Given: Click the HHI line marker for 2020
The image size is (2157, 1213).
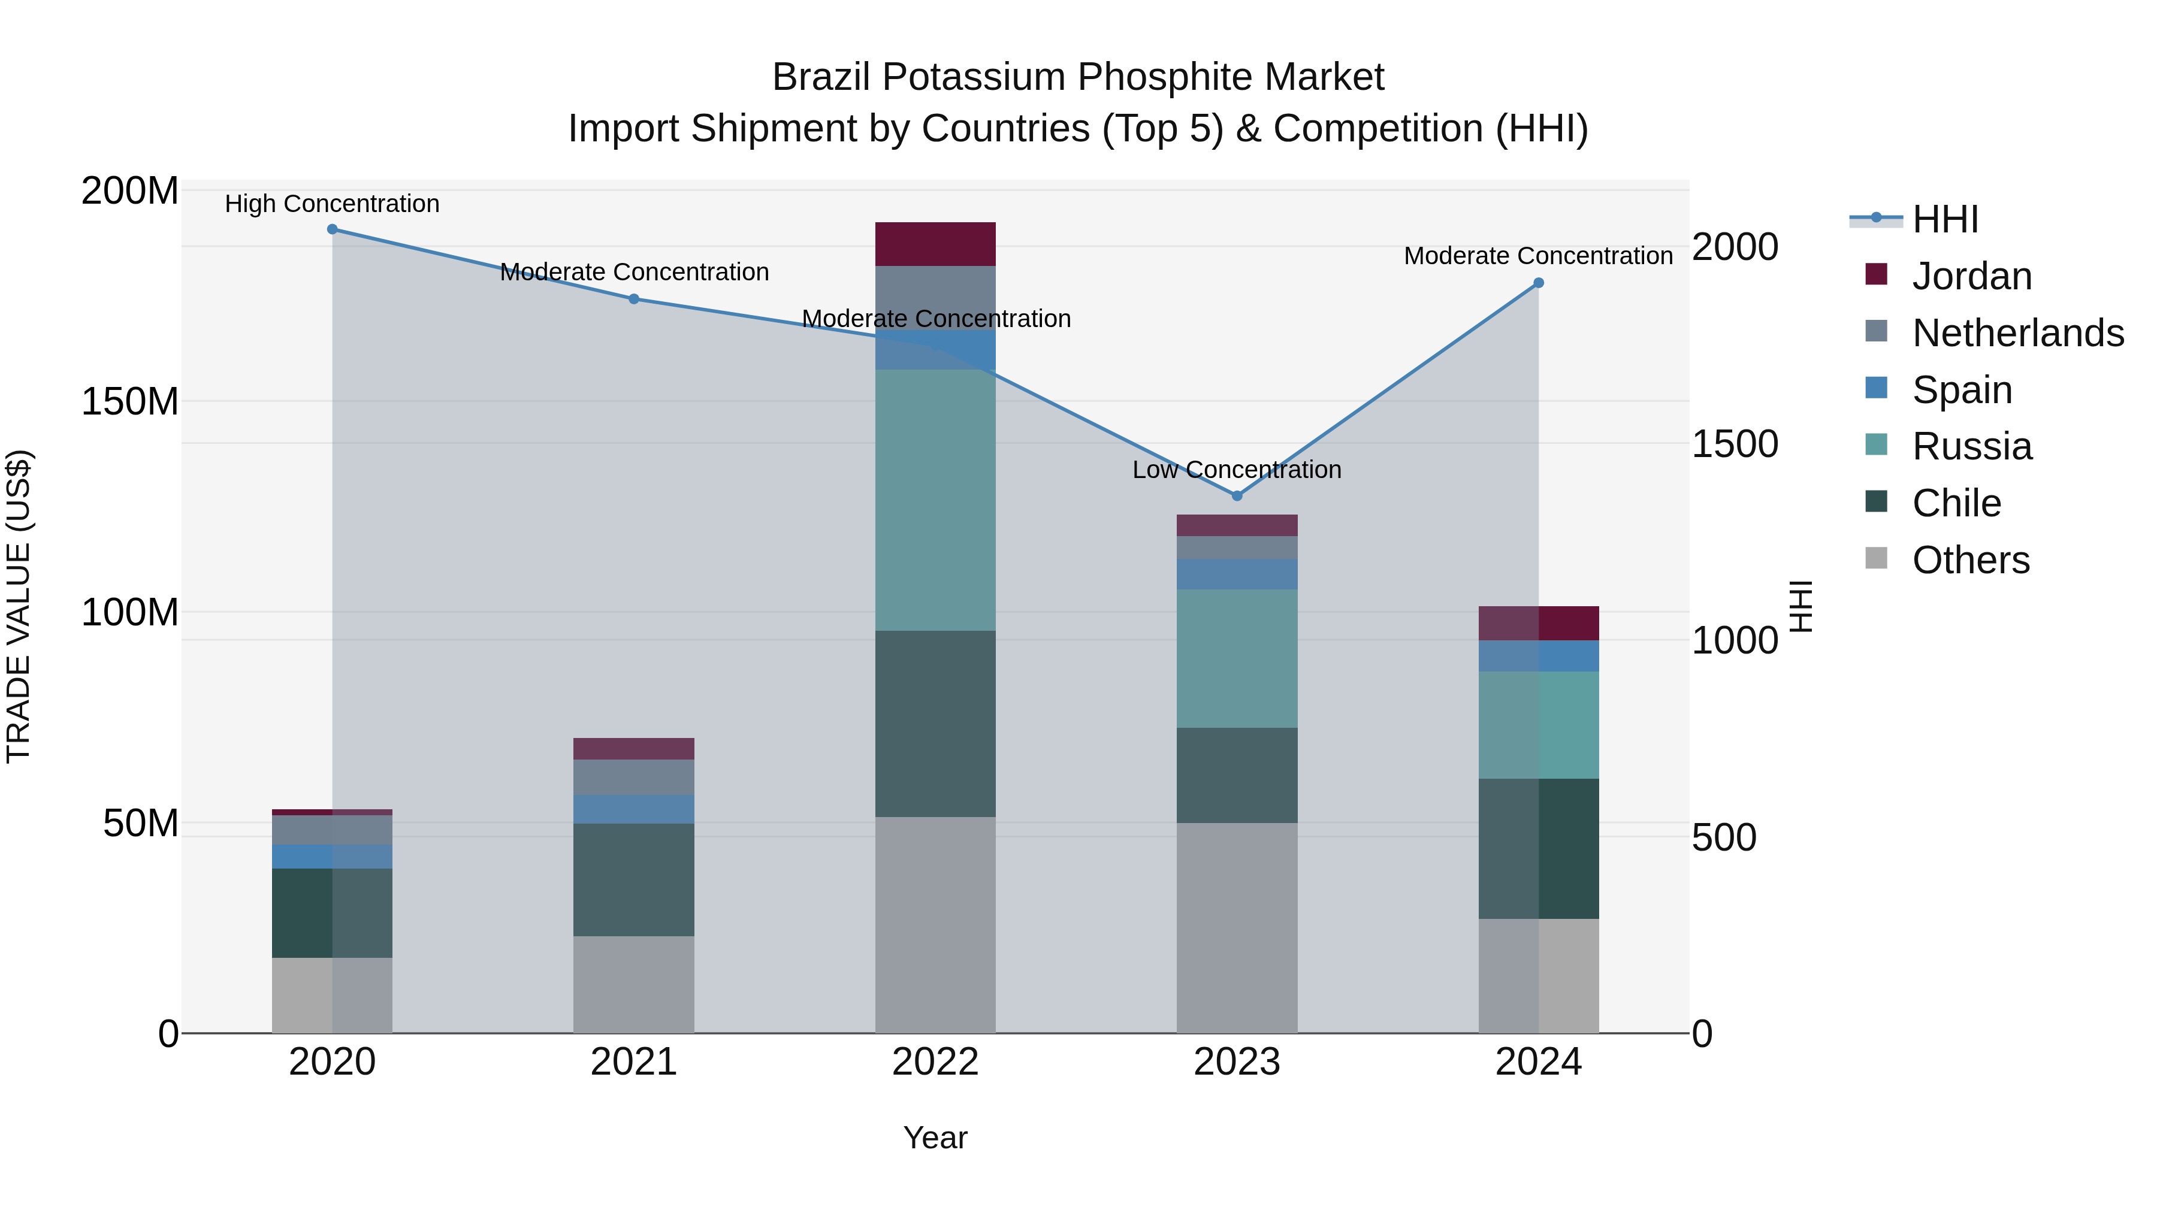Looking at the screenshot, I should [x=333, y=229].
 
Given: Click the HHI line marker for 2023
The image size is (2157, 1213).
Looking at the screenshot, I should [x=1237, y=495].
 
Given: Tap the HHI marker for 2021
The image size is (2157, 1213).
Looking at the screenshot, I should [x=634, y=299].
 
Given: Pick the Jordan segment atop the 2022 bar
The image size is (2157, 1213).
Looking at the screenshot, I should [x=935, y=244].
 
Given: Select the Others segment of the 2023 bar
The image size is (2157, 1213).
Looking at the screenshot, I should [x=1237, y=927].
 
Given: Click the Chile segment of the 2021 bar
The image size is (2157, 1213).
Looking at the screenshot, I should [x=634, y=880].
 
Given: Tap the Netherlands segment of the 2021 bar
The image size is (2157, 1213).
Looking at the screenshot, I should [x=634, y=777].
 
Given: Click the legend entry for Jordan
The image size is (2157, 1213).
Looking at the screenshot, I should [x=1971, y=276].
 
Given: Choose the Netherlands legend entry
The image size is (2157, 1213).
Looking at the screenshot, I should [x=2017, y=333].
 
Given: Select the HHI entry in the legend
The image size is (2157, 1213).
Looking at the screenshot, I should [x=1944, y=219].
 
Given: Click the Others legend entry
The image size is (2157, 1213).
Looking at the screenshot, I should [x=1970, y=560].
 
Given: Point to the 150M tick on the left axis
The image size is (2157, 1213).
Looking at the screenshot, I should [x=130, y=402].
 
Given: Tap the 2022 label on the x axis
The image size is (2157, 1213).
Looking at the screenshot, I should [x=935, y=1062].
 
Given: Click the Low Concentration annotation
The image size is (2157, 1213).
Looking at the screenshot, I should [x=1237, y=470].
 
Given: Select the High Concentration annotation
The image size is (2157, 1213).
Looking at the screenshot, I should [x=333, y=204].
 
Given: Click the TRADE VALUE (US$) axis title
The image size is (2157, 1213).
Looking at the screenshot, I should [x=19, y=606].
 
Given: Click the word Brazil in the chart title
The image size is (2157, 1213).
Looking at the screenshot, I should [x=821, y=77].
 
